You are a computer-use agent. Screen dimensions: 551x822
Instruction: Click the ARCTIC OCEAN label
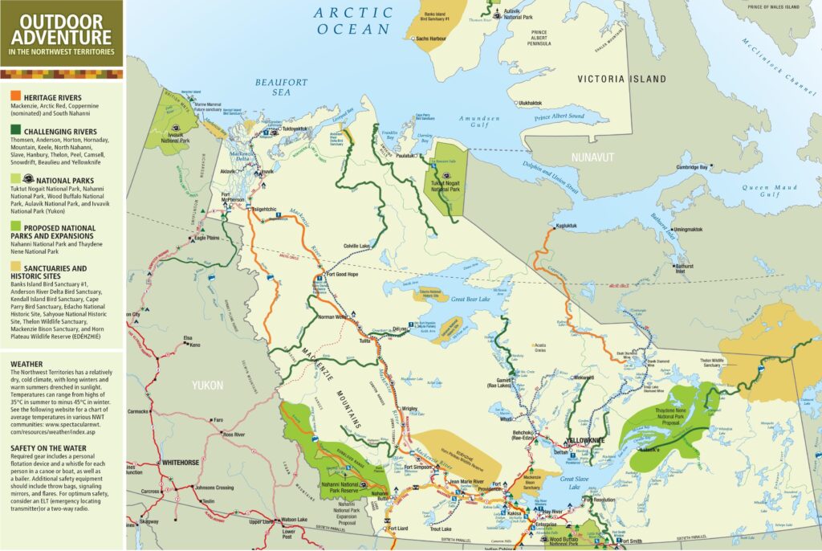(x=353, y=21)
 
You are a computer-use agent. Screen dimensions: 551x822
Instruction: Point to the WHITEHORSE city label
(x=185, y=463)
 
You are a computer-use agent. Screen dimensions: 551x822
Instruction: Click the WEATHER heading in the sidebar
(x=26, y=363)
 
